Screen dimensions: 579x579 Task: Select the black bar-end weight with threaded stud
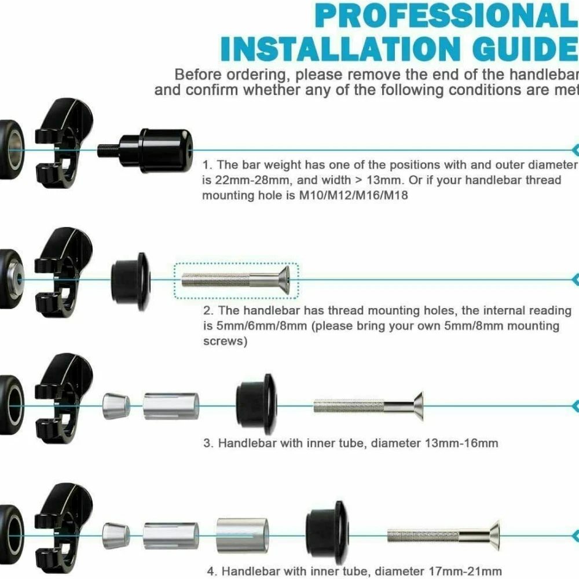[x=145, y=151]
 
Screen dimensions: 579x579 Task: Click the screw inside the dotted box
[x=236, y=280]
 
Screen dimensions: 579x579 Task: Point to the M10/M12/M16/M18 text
[x=353, y=195]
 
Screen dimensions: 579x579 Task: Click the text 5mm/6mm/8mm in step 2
[x=262, y=326]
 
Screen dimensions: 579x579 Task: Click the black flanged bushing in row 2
[x=131, y=281]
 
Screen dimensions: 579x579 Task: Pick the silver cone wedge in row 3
[x=116, y=406]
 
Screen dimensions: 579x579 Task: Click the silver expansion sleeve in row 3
[x=171, y=406]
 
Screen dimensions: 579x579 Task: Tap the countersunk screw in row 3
[x=368, y=406]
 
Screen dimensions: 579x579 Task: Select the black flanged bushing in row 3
[x=256, y=405]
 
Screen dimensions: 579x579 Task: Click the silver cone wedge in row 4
[x=116, y=536]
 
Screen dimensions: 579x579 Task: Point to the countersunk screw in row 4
[x=444, y=536]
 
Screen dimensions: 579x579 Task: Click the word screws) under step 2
[x=225, y=341]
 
